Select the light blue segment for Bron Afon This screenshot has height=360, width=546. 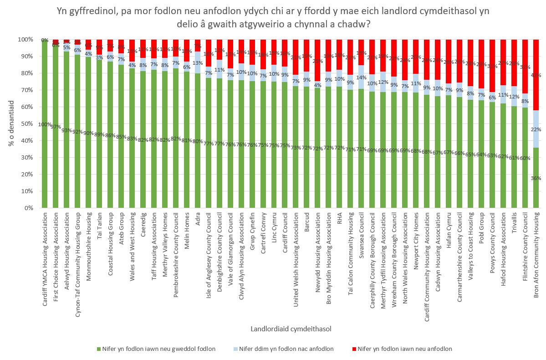[x=536, y=129]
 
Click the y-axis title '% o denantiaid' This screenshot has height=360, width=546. [x=11, y=124]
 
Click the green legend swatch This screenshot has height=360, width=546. [x=98, y=349]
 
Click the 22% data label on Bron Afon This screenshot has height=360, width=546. [x=536, y=129]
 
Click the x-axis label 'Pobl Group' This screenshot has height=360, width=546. [x=482, y=228]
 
